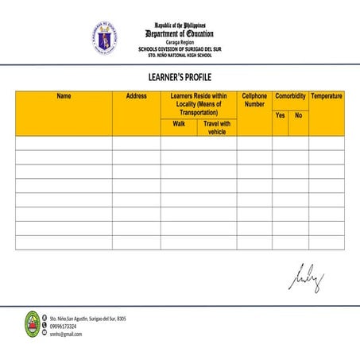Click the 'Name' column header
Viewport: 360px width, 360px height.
pos(64,96)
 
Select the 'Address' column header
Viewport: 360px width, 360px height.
pos(136,96)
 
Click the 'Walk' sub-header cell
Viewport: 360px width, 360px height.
pos(179,124)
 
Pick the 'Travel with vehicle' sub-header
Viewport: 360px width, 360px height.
pos(217,127)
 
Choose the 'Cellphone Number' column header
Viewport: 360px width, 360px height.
pos(254,100)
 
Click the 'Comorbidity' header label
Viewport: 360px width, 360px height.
pos(290,96)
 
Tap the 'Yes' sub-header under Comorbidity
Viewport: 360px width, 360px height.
pos(280,116)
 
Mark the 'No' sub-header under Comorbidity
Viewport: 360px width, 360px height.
pos(299,116)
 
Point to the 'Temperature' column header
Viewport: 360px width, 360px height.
pos(327,96)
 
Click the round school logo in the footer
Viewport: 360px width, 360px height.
pos(32,324)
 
